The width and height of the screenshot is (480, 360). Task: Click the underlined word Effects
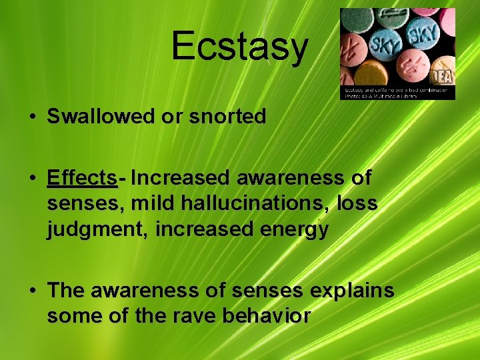(82, 178)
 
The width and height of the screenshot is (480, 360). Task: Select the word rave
(197, 316)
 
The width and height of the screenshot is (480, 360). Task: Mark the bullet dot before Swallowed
(32, 117)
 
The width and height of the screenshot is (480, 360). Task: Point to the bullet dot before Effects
(32, 179)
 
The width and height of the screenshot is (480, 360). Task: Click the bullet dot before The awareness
(32, 291)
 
